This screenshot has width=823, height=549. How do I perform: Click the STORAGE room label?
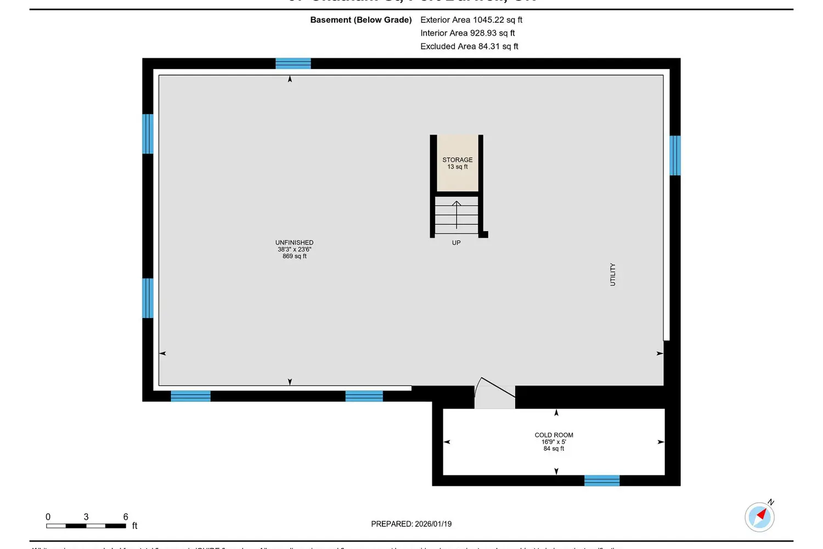458,160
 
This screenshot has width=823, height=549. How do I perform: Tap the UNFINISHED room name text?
295,243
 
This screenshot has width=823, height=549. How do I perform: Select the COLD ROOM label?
554,435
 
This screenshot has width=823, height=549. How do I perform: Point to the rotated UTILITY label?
613,274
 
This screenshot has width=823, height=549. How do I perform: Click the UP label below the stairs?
456,243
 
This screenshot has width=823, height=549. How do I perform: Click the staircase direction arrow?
456,214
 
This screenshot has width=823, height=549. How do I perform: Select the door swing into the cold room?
494,392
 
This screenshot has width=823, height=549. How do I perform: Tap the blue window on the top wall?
293,64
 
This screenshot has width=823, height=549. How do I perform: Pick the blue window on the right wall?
675,155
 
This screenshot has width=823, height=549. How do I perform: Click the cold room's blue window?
602,481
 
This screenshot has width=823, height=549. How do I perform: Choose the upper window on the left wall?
148,134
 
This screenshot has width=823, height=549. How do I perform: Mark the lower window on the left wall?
148,298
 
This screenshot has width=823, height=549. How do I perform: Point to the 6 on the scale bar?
126,517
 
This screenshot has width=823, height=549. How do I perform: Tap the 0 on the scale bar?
48,517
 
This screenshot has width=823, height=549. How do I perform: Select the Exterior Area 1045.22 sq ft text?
471,20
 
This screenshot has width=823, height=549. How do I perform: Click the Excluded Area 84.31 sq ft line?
469,46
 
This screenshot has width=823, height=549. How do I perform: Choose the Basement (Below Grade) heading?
361,20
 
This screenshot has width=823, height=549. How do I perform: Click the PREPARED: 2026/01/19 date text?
411,524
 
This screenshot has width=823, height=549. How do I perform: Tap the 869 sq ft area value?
295,256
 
